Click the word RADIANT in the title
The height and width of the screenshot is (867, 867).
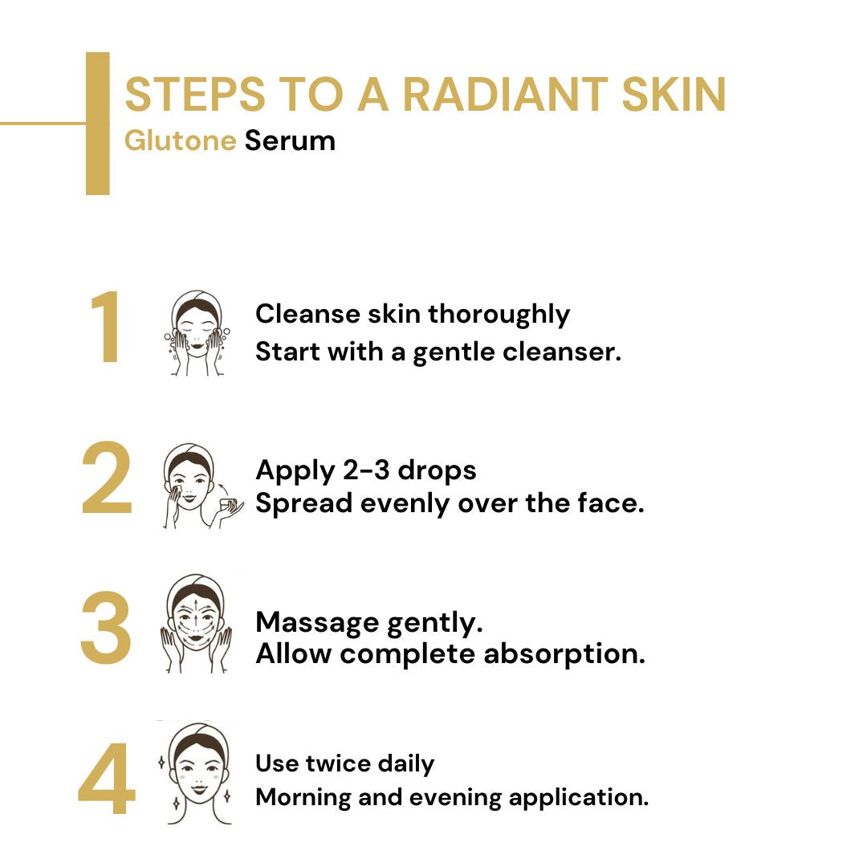point(504,95)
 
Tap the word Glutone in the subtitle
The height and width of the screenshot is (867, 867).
point(180,140)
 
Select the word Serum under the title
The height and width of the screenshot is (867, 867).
point(290,140)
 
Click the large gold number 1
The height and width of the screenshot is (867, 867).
point(107,329)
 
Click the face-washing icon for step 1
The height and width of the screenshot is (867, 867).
point(197,333)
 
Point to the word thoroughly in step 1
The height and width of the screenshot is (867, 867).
point(499,315)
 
